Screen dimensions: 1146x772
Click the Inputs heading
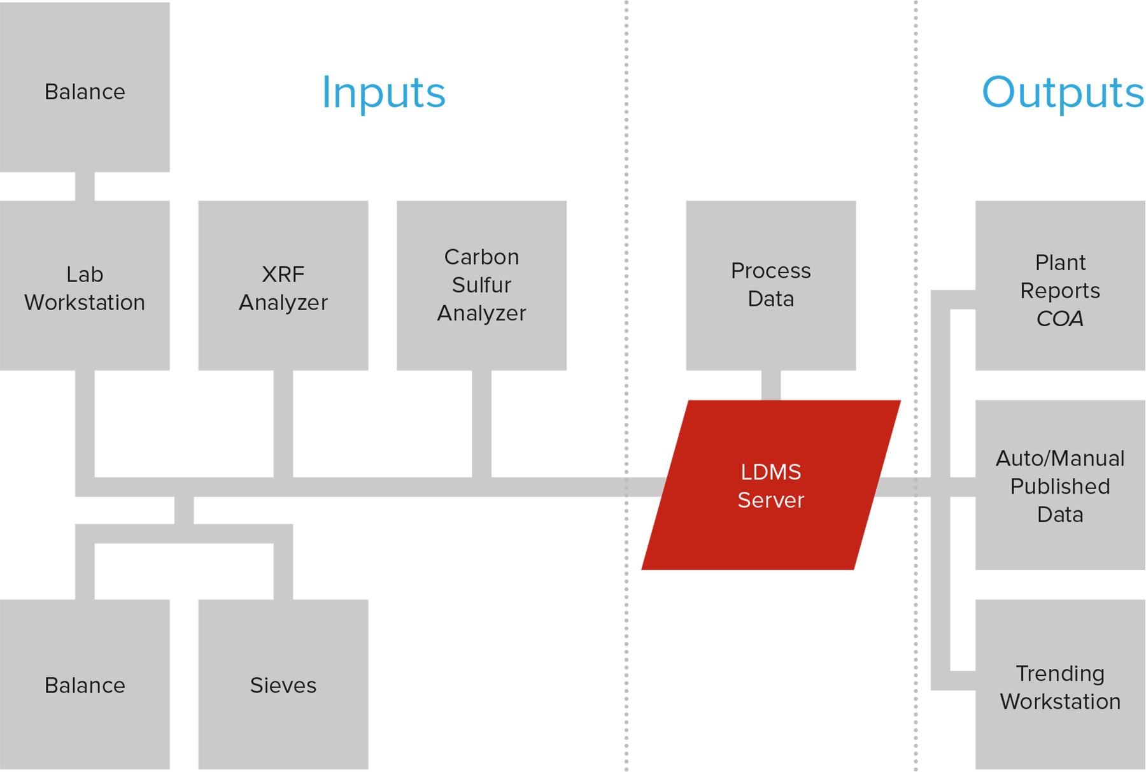(x=383, y=93)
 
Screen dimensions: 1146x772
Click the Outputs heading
(x=1063, y=93)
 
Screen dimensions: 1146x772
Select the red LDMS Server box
(x=770, y=485)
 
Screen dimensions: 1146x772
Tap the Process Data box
(x=770, y=285)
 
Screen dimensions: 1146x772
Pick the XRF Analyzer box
(x=283, y=285)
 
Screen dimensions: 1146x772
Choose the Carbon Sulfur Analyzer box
(x=481, y=285)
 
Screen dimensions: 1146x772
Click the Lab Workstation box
(x=85, y=285)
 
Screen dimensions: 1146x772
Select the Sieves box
(x=283, y=684)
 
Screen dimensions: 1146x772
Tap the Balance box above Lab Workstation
(x=85, y=87)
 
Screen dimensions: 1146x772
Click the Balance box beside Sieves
(x=85, y=684)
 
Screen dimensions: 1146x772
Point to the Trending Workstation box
(x=1060, y=684)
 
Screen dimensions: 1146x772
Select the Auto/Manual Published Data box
(x=1060, y=485)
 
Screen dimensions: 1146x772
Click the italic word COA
(x=1060, y=318)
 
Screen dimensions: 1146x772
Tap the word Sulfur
(x=481, y=285)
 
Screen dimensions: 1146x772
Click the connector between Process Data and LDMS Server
(x=771, y=385)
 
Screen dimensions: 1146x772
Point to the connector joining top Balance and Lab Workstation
(x=85, y=187)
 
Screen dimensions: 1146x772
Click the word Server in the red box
(x=770, y=500)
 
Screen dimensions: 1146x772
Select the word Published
(x=1060, y=486)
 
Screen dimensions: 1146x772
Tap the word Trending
(x=1060, y=674)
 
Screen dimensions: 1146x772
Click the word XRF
(x=283, y=275)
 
